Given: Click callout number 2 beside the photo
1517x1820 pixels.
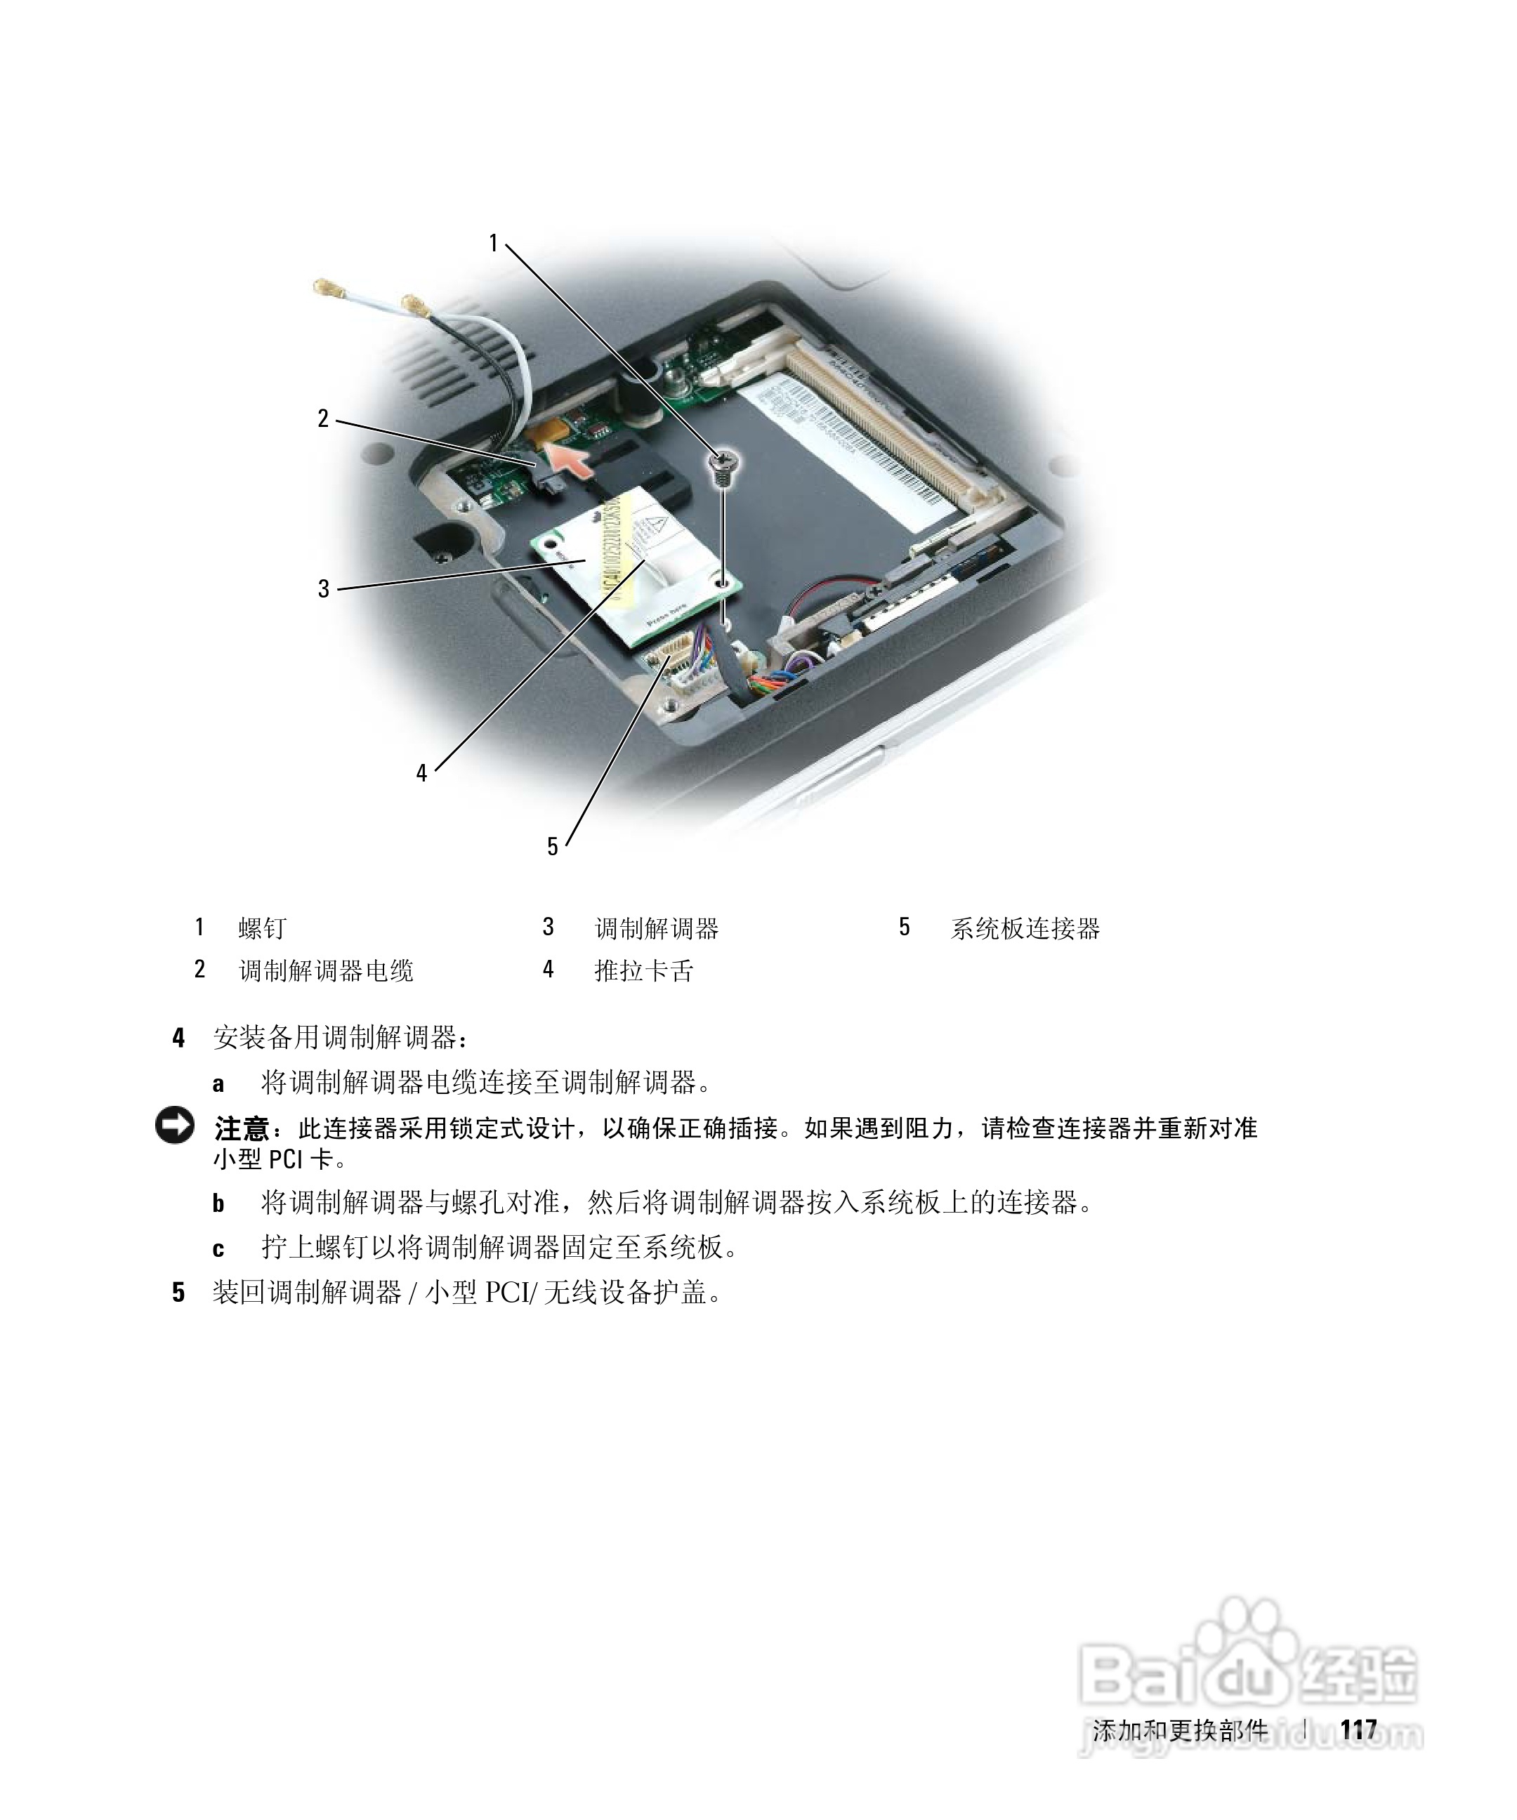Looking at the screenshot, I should click(x=323, y=419).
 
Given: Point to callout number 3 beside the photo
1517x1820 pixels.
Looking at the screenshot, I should click(x=323, y=589).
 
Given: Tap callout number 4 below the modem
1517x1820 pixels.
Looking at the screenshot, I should click(x=421, y=773).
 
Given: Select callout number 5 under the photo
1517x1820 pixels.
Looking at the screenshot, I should click(x=552, y=847).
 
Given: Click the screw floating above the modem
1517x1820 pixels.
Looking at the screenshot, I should click(x=721, y=468).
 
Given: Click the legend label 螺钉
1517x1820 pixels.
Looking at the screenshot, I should click(x=262, y=928).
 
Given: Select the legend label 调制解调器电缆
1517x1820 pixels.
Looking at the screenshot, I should click(x=326, y=970).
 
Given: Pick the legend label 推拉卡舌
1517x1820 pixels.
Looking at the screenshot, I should click(x=643, y=970).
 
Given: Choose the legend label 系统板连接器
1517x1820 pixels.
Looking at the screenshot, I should click(x=1025, y=928).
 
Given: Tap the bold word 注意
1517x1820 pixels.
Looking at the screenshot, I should click(x=241, y=1128).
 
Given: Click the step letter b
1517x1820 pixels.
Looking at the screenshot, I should click(x=218, y=1204).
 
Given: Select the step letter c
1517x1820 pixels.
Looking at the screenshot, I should click(x=218, y=1249).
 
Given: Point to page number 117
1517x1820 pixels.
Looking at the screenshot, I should click(x=1358, y=1731).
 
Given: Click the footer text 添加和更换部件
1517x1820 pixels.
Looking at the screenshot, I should click(x=1179, y=1731).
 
